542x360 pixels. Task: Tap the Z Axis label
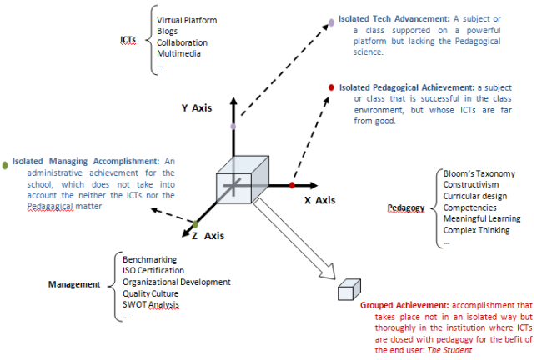208,236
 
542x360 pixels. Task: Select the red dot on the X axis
293,184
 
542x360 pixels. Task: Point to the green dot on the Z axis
195,224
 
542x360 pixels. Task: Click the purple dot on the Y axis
233,126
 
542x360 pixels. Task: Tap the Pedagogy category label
406,207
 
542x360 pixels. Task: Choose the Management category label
73,283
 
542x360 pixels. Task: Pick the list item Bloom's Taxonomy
479,173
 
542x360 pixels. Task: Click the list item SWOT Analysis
150,305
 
